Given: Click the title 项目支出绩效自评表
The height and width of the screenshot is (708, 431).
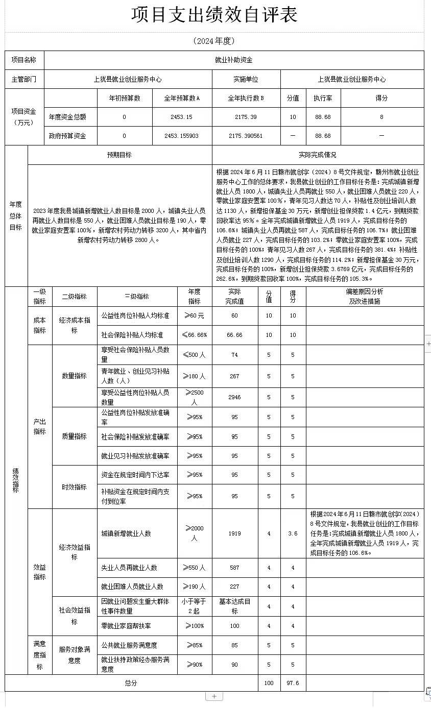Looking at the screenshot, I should click(214, 15).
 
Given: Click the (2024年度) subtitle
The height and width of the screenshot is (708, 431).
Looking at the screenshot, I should click(214, 41).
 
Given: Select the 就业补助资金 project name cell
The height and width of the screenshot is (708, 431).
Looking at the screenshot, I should click(234, 60).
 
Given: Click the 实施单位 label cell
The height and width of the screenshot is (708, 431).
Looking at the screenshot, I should click(246, 80).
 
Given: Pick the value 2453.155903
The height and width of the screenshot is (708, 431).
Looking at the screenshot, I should click(182, 136).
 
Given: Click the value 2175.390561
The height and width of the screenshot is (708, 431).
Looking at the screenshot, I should click(246, 136).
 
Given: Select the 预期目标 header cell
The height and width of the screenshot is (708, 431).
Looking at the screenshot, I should click(119, 155).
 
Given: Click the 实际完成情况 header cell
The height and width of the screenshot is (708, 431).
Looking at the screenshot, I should click(318, 155).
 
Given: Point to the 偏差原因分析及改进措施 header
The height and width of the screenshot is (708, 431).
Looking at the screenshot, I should click(365, 296).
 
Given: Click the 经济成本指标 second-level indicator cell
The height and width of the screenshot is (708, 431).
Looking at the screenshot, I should click(75, 325).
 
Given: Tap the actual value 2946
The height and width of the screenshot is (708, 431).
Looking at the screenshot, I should click(234, 397).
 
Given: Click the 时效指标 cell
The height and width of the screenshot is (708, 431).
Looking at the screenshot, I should click(75, 487).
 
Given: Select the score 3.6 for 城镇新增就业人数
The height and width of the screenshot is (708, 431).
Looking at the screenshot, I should click(293, 533).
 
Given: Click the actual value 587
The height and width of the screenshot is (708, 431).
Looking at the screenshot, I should click(234, 568).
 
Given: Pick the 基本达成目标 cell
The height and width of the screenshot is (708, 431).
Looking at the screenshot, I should click(234, 606).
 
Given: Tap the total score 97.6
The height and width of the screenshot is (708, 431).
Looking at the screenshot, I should click(293, 683).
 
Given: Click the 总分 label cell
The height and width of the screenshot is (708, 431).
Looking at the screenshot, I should click(131, 683).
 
